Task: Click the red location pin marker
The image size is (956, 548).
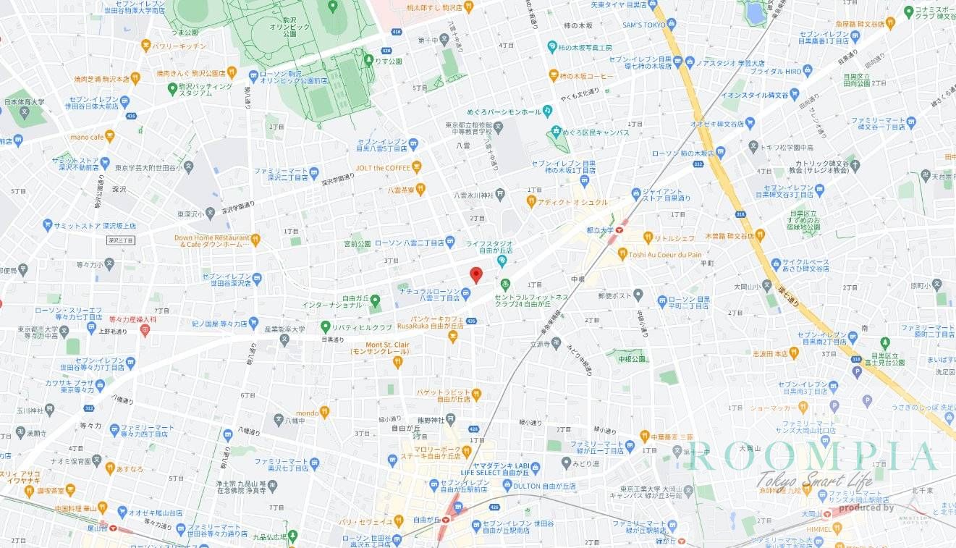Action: point(475,274)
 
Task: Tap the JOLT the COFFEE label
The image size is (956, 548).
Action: point(383,168)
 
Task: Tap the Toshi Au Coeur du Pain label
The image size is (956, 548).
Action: point(665,254)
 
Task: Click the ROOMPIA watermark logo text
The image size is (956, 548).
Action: point(810,457)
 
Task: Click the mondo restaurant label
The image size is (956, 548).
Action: point(307,413)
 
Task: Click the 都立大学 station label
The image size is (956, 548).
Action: point(601,229)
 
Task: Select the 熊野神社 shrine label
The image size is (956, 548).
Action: point(432,418)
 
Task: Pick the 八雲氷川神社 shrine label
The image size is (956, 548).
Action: point(473,194)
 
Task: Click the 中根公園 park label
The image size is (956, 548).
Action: point(631,359)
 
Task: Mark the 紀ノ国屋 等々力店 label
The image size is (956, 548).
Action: point(220,324)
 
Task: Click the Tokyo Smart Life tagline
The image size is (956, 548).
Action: point(814,479)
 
